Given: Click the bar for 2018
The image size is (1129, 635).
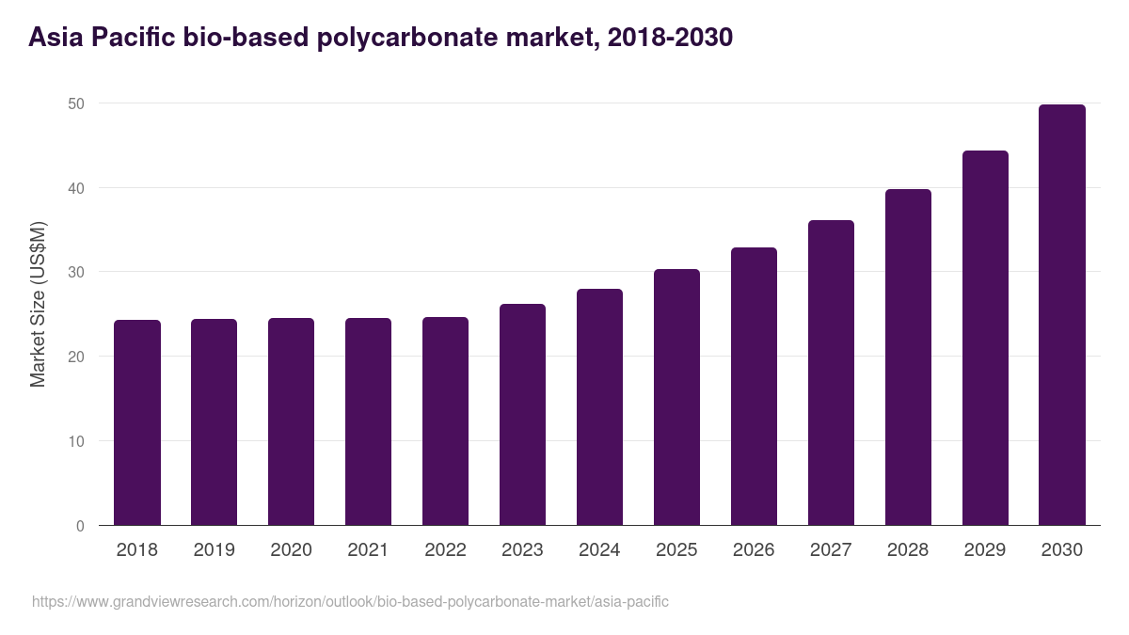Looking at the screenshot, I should click(137, 422).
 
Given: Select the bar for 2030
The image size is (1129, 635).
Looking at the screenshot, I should click(1061, 315).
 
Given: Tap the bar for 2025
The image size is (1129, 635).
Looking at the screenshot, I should click(676, 397).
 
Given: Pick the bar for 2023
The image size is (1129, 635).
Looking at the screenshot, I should click(522, 415).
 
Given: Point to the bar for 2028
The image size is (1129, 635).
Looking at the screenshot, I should click(908, 357).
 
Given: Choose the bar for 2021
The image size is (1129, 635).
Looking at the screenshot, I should click(368, 421).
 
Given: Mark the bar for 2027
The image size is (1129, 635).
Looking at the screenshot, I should click(831, 373).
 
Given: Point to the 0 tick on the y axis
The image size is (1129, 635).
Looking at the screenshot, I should click(79, 526).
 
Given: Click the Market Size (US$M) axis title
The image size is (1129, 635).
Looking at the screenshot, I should click(38, 304).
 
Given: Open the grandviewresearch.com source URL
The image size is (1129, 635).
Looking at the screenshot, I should click(350, 601).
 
